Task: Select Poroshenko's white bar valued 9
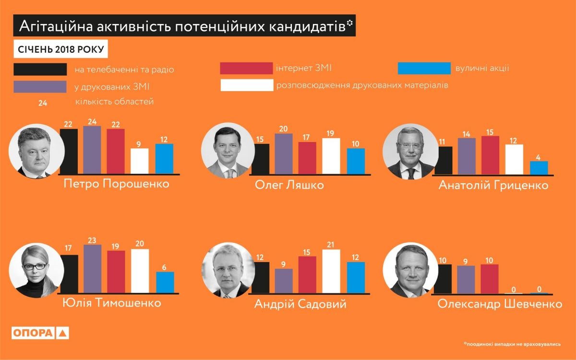pyautogui.click(x=140, y=161)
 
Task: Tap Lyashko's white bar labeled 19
pyautogui.click(x=331, y=156)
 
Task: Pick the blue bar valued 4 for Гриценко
pyautogui.click(x=539, y=168)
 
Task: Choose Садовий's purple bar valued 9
pyautogui.click(x=284, y=280)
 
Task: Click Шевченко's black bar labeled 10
pyautogui.click(x=443, y=278)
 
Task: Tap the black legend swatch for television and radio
pyautogui.click(x=40, y=69)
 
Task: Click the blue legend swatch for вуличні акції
pyautogui.click(x=424, y=68)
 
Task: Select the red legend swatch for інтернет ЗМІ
pyautogui.click(x=246, y=68)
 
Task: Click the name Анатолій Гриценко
pyautogui.click(x=493, y=185)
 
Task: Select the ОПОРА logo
pyautogui.click(x=41, y=333)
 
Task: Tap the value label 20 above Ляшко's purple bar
pyautogui.click(x=284, y=128)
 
